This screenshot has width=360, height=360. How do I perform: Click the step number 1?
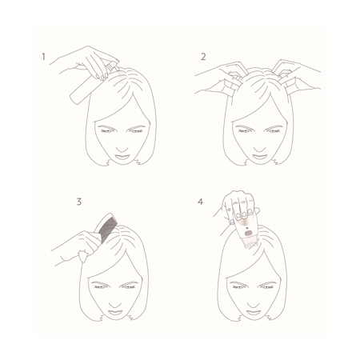(x=43, y=57)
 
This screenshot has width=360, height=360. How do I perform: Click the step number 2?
(x=203, y=57)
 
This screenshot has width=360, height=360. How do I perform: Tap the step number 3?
(x=79, y=202)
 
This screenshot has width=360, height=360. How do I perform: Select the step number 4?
(x=200, y=202)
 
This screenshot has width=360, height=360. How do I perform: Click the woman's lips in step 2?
(x=259, y=157)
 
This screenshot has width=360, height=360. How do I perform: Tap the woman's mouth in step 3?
(x=115, y=312)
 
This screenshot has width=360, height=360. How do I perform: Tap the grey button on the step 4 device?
(x=248, y=234)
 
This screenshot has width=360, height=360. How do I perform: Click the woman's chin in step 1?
(x=122, y=162)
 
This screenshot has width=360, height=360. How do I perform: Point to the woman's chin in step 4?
(x=254, y=318)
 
